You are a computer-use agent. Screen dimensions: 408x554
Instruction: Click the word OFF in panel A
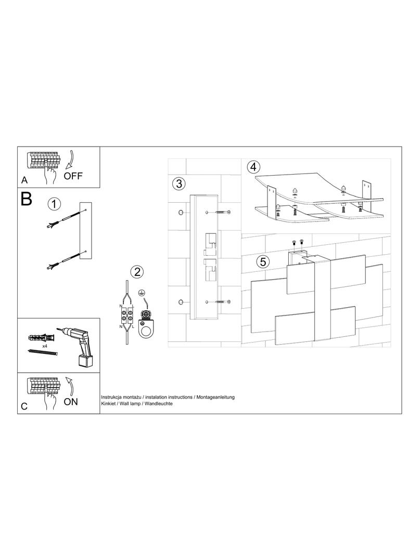coord(73,176)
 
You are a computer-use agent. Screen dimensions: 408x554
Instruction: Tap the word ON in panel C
coord(71,401)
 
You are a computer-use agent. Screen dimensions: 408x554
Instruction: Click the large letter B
coord(26,199)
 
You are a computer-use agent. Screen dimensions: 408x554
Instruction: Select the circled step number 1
coord(54,204)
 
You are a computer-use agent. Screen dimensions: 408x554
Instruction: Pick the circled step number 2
coord(137,272)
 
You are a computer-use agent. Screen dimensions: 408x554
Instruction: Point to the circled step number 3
coord(178,184)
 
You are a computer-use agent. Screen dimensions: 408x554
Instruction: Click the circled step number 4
coord(253,166)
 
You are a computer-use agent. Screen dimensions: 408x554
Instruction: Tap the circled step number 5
coord(263,262)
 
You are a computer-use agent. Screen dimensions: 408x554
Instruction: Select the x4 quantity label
coord(45,346)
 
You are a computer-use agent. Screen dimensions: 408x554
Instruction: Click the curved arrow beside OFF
coord(70,159)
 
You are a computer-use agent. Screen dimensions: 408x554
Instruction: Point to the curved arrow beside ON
coord(69,386)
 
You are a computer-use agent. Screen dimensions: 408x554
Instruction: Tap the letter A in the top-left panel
coord(24,180)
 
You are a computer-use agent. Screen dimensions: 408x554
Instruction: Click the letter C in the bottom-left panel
coord(24,406)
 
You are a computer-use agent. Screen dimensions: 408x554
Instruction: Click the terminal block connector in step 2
coord(127,315)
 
